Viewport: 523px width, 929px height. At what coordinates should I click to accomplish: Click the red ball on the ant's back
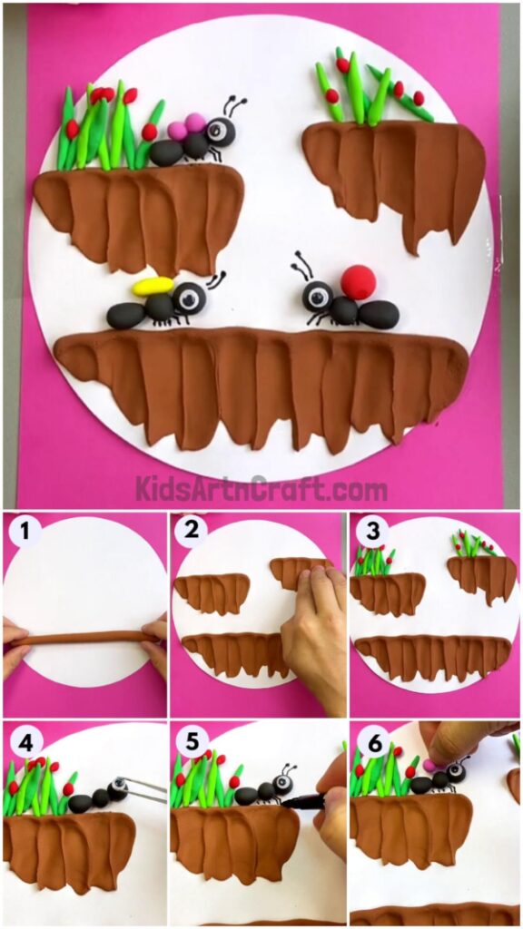(358, 282)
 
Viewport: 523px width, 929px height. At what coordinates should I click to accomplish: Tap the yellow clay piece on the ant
(153, 287)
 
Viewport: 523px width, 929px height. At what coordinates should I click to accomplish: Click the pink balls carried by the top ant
(186, 127)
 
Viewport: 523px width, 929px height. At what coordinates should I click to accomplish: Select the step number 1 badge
(25, 532)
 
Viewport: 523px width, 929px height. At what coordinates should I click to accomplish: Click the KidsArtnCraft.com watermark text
(261, 490)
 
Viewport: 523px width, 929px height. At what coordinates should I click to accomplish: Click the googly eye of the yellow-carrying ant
(191, 296)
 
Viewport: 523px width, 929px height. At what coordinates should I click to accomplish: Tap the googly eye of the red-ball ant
(317, 295)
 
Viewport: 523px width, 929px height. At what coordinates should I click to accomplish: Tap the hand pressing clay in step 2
(313, 635)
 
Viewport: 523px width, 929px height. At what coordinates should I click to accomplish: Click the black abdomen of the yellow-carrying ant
(125, 315)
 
